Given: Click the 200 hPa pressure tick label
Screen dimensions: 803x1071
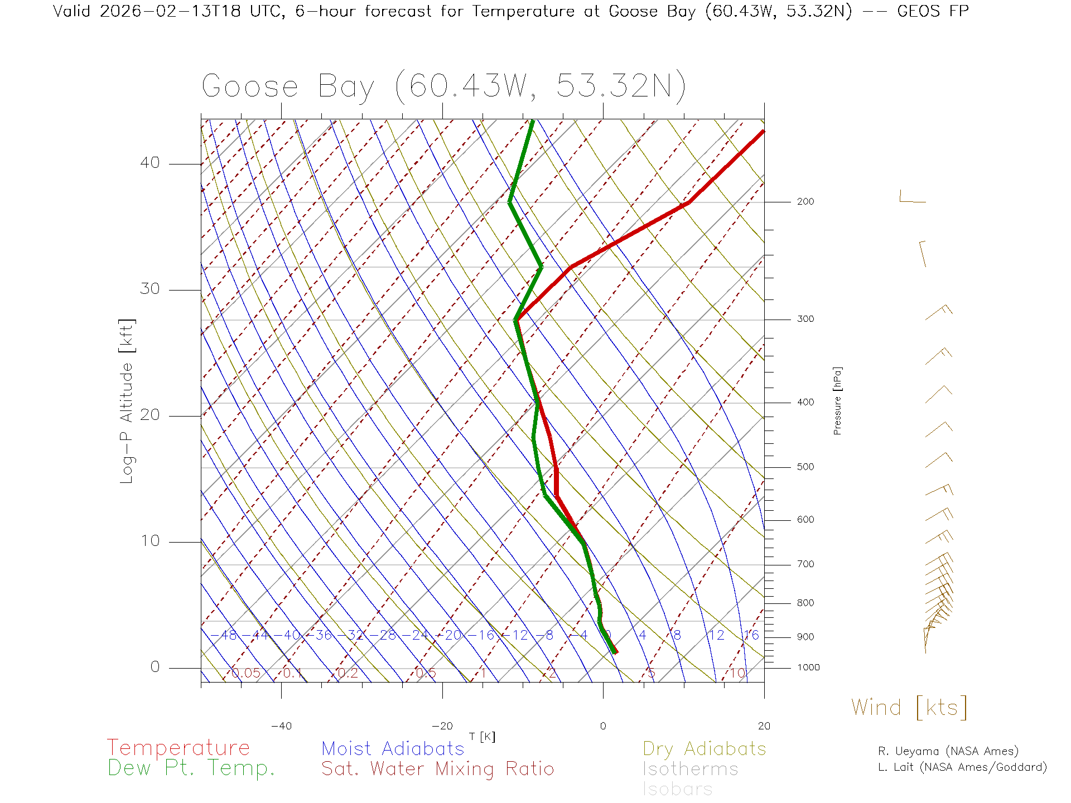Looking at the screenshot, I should pyautogui.click(x=805, y=201).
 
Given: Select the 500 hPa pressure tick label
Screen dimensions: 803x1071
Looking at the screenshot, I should pyautogui.click(x=805, y=467).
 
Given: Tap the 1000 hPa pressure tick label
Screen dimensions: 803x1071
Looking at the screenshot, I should pyautogui.click(x=808, y=667).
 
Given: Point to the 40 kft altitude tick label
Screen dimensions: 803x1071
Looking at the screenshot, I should pyautogui.click(x=149, y=163).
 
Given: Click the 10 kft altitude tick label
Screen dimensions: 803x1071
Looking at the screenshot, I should pyautogui.click(x=149, y=541).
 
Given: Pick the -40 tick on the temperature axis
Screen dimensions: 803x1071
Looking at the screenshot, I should pyautogui.click(x=281, y=726).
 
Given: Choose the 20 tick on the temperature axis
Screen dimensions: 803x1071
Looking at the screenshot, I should pyautogui.click(x=764, y=726).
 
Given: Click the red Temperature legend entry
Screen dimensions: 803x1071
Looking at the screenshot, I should pyautogui.click(x=178, y=748).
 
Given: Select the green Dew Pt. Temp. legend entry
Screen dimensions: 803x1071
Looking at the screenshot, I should pyautogui.click(x=191, y=768).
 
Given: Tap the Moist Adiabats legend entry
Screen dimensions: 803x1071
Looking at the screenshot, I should pyautogui.click(x=393, y=748).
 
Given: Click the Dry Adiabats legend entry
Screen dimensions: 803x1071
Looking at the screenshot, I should pyautogui.click(x=705, y=748).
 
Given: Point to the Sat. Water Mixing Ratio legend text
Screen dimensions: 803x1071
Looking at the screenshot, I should pyautogui.click(x=437, y=769).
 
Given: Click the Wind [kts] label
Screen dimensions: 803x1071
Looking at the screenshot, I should pyautogui.click(x=909, y=708).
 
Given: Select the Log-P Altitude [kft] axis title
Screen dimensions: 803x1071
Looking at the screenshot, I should pyautogui.click(x=127, y=401).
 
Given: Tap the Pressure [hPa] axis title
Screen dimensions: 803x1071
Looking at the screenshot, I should pyautogui.click(x=837, y=400).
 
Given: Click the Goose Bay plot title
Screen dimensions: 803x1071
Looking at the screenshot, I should pyautogui.click(x=443, y=86).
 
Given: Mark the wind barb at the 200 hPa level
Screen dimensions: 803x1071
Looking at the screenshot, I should pyautogui.click(x=911, y=198).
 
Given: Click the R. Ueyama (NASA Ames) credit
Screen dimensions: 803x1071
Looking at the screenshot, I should pyautogui.click(x=948, y=751).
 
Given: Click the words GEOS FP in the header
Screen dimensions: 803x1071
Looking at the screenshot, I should pyautogui.click(x=933, y=11).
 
